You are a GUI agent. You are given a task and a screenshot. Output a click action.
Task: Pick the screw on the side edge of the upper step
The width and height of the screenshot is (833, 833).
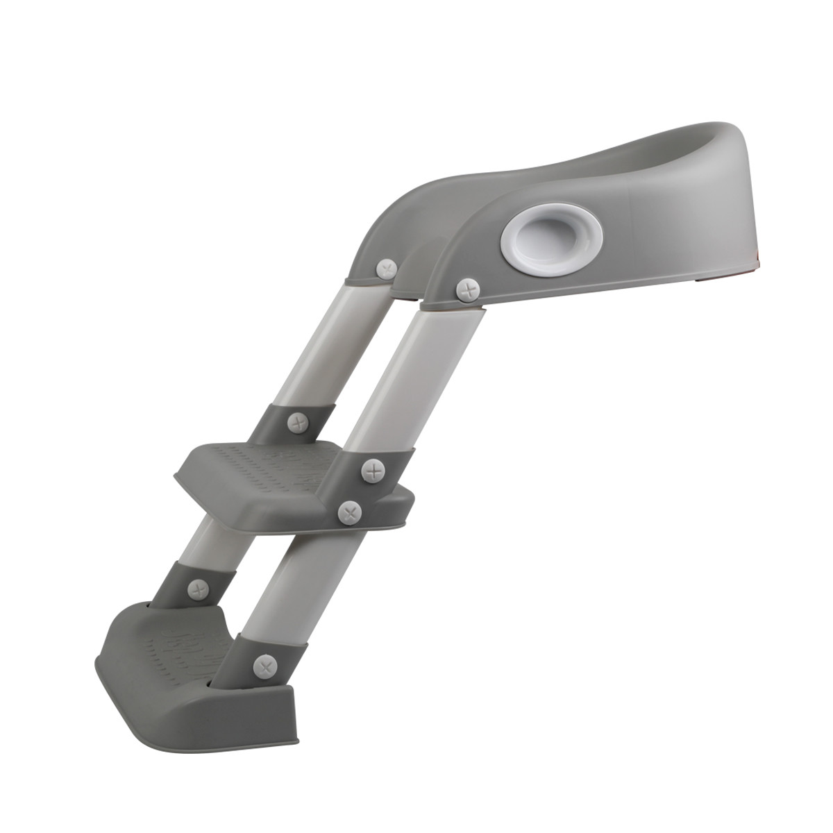[350, 512]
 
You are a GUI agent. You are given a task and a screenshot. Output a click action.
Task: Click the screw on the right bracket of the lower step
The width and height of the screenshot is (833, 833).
[264, 666]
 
